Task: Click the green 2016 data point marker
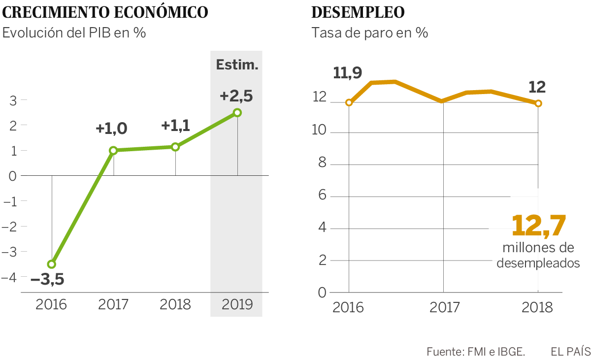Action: [x=52, y=264]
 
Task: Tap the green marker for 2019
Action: [x=237, y=113]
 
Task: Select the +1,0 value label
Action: [x=111, y=129]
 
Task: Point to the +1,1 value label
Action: [x=175, y=126]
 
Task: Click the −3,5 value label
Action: [x=47, y=280]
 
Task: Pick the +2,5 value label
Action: [x=236, y=96]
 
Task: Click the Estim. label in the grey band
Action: [x=237, y=65]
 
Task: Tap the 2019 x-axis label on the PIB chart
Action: [x=237, y=304]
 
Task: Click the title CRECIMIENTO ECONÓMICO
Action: [x=105, y=13]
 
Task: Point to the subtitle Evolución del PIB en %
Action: [x=74, y=33]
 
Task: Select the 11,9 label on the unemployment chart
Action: [x=348, y=73]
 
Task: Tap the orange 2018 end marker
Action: [x=538, y=103]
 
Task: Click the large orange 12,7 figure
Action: [x=538, y=226]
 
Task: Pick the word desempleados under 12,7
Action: [x=538, y=263]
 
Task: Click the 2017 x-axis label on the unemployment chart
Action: [x=444, y=308]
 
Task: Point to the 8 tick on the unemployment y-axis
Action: [x=323, y=164]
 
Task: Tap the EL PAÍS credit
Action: [x=570, y=352]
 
